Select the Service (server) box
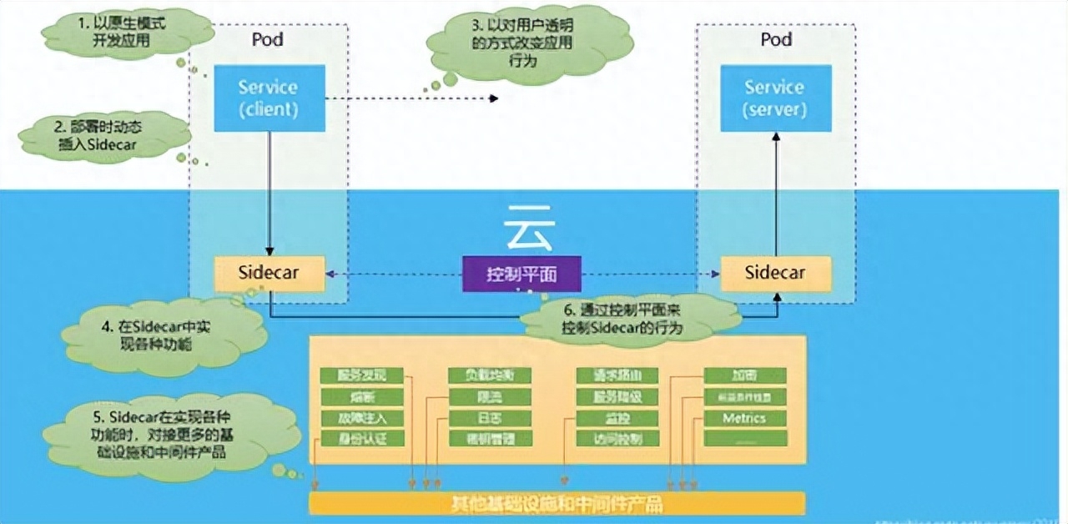(775, 98)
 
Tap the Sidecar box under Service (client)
(270, 273)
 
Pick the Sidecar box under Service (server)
(775, 273)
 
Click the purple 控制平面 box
(522, 274)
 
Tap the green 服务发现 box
(362, 375)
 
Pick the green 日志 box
(490, 418)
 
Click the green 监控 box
(617, 418)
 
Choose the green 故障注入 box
(362, 418)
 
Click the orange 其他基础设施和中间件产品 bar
(557, 503)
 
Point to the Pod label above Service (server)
(775, 39)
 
